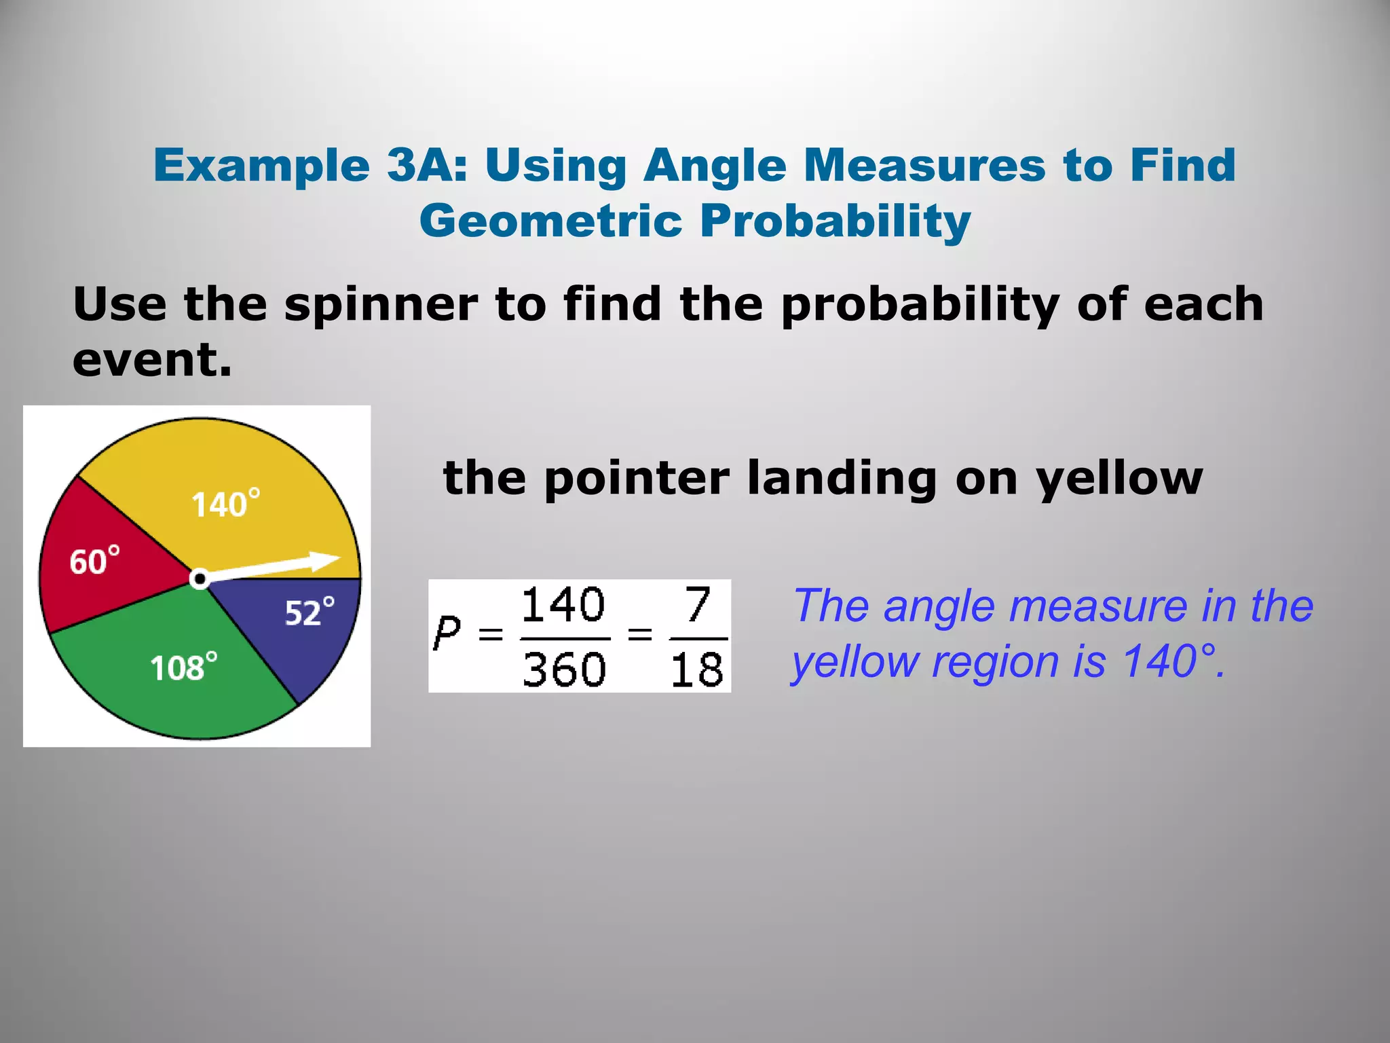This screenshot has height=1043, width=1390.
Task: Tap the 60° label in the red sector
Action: click(x=94, y=561)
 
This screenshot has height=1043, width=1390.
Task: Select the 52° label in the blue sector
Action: click(x=309, y=612)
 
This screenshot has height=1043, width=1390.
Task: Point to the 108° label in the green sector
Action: click(x=183, y=667)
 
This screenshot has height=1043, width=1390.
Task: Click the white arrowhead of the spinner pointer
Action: click(x=324, y=562)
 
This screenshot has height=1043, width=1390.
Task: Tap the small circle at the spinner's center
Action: click(x=199, y=579)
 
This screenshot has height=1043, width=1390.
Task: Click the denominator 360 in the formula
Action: click(x=564, y=670)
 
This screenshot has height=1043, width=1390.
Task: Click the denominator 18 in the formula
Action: click(x=697, y=670)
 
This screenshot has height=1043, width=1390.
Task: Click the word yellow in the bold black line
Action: click(x=1119, y=479)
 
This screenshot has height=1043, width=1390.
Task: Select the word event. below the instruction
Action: click(x=152, y=360)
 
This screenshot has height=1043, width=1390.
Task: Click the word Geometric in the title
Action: click(x=550, y=221)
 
